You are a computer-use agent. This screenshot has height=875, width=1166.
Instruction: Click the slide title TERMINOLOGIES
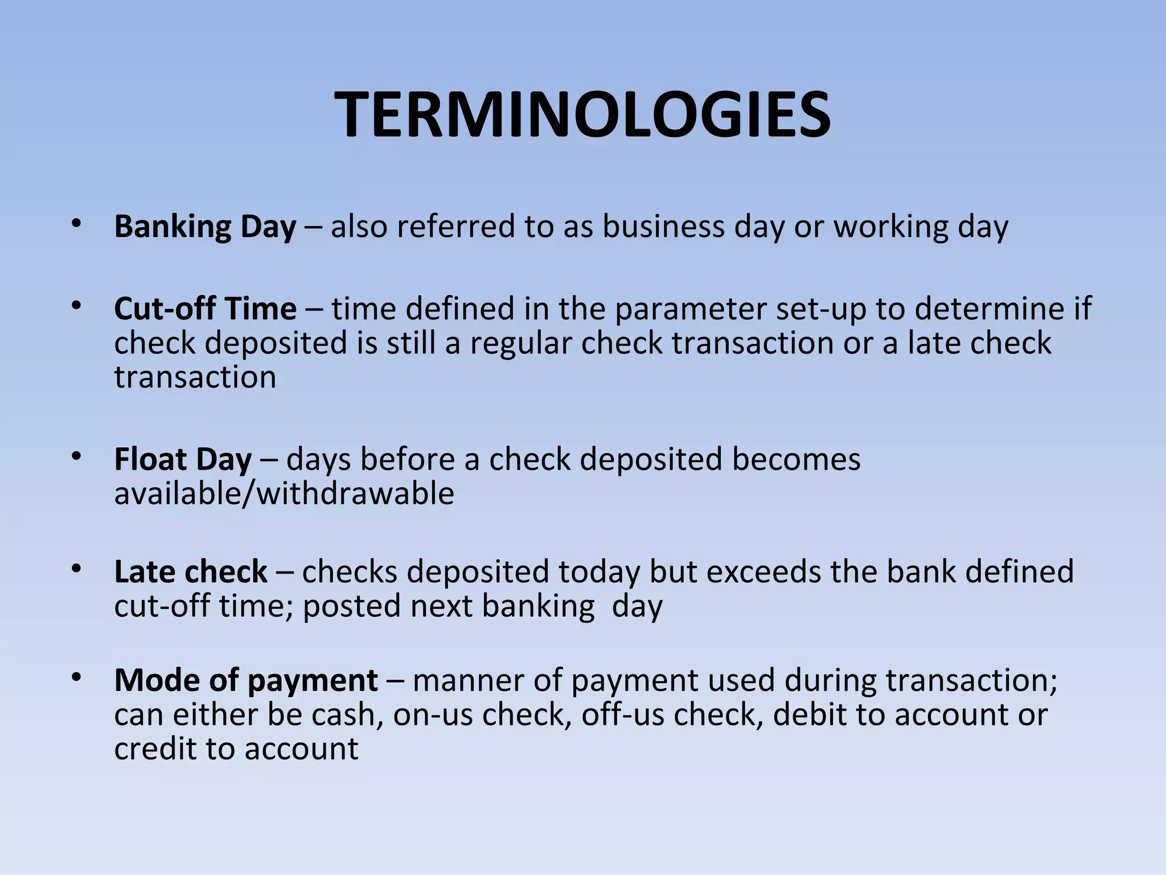[582, 116]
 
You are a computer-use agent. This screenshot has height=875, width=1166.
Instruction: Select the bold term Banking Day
[205, 227]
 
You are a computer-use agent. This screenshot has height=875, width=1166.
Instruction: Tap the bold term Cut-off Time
[205, 309]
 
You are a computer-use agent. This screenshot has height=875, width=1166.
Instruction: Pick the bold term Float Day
[183, 460]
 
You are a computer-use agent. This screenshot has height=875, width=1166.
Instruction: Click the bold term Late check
[191, 572]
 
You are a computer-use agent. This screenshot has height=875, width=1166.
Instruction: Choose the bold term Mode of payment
[246, 680]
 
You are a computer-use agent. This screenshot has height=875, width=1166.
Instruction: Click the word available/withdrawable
[284, 493]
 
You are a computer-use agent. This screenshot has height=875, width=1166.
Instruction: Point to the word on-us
[433, 715]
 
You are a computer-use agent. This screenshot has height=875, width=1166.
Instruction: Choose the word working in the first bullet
[891, 227]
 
